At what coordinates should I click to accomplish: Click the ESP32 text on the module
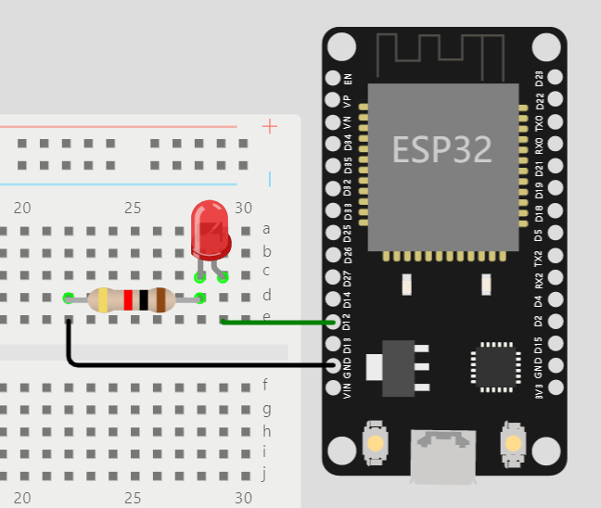pyautogui.click(x=441, y=148)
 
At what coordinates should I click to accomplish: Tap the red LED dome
pyautogui.click(x=211, y=229)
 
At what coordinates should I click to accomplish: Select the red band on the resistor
pyautogui.click(x=128, y=299)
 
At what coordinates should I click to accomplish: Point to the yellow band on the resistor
pyautogui.click(x=103, y=299)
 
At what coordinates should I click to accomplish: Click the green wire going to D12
pyautogui.click(x=278, y=322)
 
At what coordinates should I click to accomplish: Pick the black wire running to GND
pyautogui.click(x=185, y=364)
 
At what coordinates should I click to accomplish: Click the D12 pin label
pyautogui.click(x=348, y=322)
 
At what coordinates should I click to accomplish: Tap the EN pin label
pyautogui.click(x=348, y=80)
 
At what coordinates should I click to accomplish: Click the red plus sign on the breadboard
pyautogui.click(x=270, y=126)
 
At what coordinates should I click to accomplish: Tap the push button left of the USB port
pyautogui.click(x=376, y=442)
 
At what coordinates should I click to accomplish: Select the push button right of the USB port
pyautogui.click(x=511, y=442)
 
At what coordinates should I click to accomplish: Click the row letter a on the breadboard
pyautogui.click(x=266, y=229)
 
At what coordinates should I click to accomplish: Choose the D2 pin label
pyautogui.click(x=540, y=322)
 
